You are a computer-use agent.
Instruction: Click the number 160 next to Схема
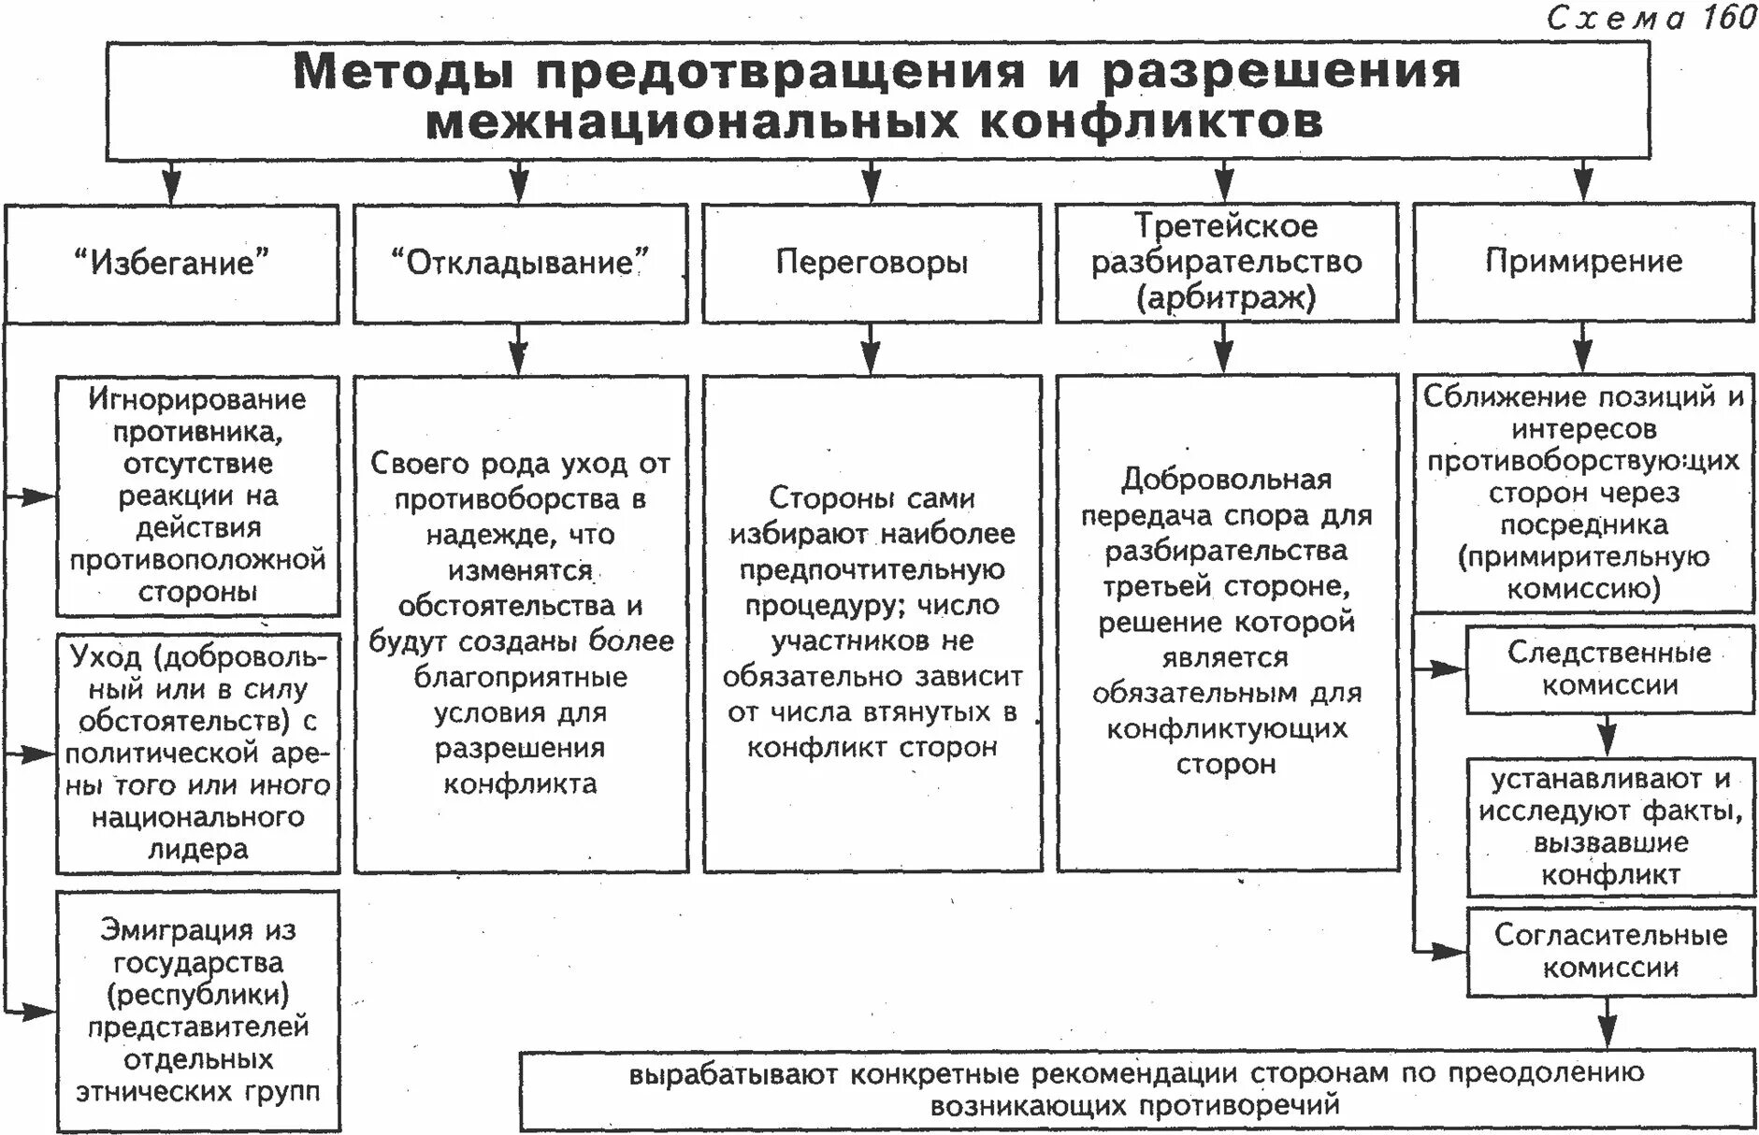pos(1728,18)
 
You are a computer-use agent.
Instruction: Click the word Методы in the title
pos(403,72)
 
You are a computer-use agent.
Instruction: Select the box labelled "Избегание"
pos(171,263)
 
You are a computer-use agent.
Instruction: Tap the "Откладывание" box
pos(520,263)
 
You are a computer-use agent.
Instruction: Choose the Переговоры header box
pos(872,263)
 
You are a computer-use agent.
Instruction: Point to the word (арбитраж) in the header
pos(1226,298)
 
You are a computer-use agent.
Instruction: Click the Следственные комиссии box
pos(1609,669)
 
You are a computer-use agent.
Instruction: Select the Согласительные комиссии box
pos(1609,951)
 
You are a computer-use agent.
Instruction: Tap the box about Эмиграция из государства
pos(198,1011)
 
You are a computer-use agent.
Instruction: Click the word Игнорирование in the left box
pos(198,399)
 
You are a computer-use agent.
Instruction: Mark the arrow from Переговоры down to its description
pos(872,350)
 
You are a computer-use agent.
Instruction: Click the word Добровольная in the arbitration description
pos(1226,480)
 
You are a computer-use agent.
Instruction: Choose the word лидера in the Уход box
pos(198,849)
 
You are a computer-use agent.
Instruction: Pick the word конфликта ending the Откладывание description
pos(520,783)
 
